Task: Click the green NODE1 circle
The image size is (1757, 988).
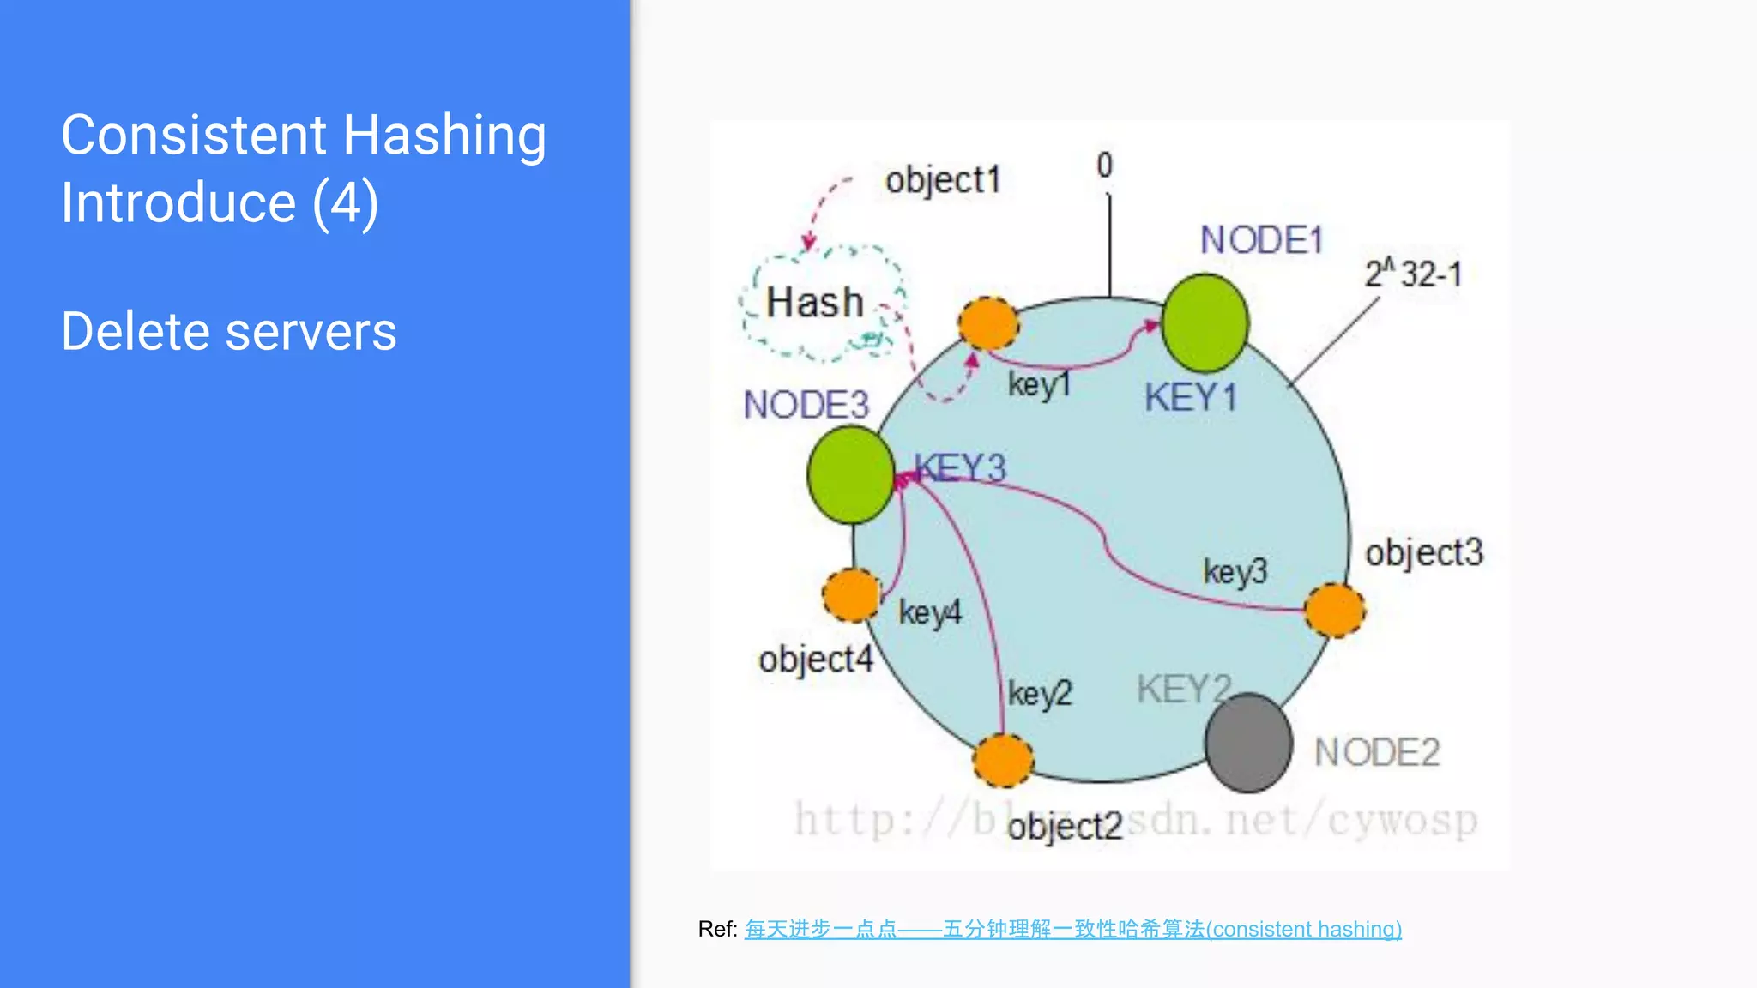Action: point(1205,323)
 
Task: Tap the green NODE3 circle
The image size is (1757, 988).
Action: point(851,475)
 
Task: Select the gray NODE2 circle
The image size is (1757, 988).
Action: point(1248,743)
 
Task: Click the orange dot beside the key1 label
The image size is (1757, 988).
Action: point(988,324)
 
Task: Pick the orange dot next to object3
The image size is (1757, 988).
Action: point(1334,611)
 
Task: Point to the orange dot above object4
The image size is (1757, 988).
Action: point(851,595)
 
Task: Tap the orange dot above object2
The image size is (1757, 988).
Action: point(1003,761)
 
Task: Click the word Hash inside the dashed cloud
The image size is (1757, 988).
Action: point(814,303)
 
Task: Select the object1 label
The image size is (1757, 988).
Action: point(943,181)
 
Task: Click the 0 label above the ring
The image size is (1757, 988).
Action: point(1104,165)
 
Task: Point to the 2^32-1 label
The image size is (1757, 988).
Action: point(1413,274)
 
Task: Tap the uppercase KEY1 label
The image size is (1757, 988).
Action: point(1190,398)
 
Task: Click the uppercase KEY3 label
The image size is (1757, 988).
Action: point(960,468)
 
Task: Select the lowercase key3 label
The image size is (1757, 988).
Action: point(1235,571)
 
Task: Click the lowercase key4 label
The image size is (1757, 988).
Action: point(930,612)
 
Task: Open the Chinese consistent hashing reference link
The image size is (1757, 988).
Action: point(1072,929)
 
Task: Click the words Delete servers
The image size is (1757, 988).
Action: point(229,332)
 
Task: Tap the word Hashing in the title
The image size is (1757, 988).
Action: point(444,136)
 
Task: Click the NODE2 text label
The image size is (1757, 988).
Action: point(1377,752)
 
